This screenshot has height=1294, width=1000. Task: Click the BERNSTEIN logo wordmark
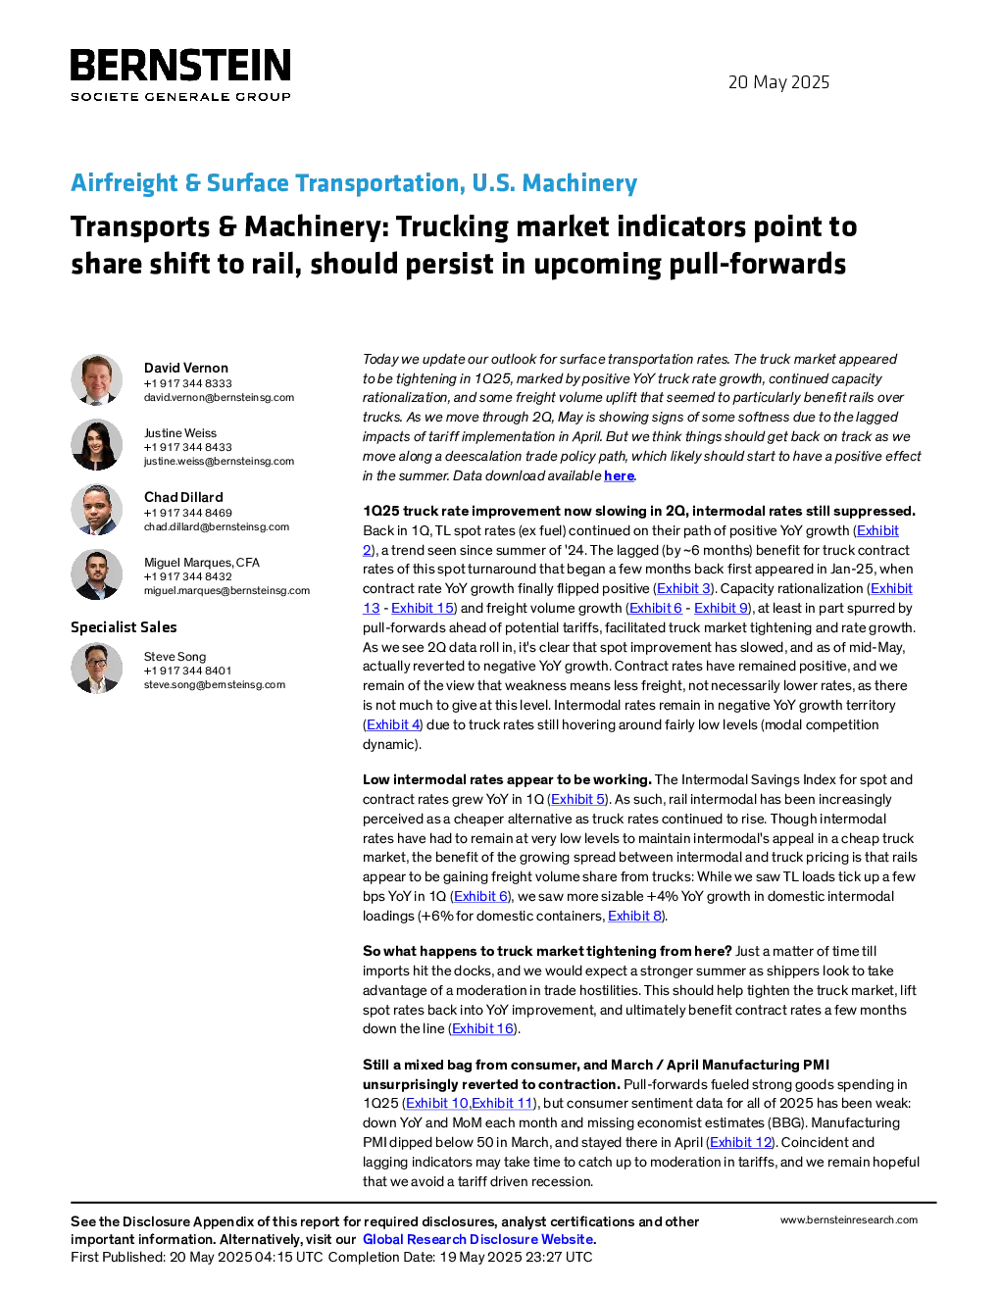[x=180, y=65]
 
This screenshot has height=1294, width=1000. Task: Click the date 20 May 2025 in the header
[x=778, y=82]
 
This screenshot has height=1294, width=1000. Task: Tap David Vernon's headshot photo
[x=96, y=380]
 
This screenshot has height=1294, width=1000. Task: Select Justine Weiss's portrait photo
[x=96, y=445]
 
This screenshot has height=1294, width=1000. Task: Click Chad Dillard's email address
[x=217, y=527]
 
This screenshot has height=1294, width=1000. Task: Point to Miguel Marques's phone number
[x=187, y=576]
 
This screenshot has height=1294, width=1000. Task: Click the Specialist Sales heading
[x=124, y=627]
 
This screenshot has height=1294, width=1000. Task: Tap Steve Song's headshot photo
[x=96, y=669]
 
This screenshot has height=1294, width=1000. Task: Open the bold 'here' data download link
[x=619, y=475]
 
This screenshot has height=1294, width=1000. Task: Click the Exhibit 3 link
[x=683, y=588]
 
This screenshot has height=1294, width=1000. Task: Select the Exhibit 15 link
[x=423, y=608]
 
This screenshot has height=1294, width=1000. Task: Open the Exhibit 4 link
[x=393, y=724]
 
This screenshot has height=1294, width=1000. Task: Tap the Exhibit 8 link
[x=634, y=916]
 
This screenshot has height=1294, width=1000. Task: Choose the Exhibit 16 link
[x=482, y=1028]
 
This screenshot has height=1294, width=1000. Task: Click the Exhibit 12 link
[x=740, y=1142]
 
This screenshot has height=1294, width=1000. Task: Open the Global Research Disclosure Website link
[x=477, y=1239]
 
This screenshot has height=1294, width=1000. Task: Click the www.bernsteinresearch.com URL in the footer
[x=849, y=1219]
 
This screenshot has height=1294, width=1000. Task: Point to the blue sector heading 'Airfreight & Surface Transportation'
[x=268, y=182]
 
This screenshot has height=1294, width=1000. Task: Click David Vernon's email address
[x=219, y=397]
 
